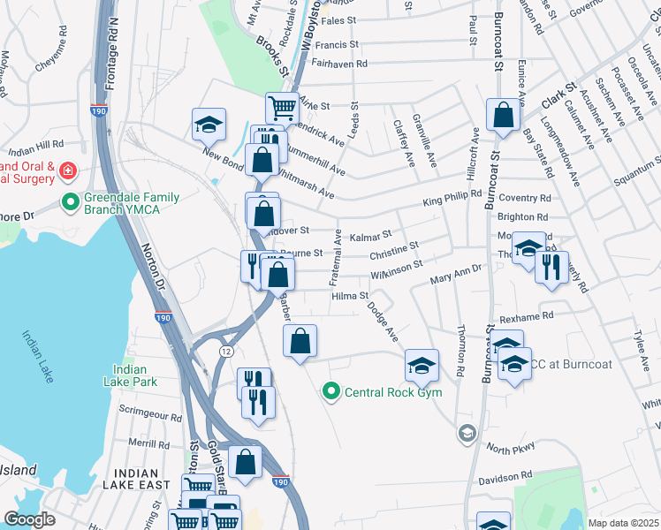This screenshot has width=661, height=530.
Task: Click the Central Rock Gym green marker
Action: (x=331, y=391)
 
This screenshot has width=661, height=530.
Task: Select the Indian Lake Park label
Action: (x=135, y=376)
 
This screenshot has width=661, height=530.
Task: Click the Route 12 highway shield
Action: (x=226, y=352)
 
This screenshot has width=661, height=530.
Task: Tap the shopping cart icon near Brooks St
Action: (x=282, y=107)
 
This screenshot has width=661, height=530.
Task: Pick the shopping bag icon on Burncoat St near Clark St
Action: (x=502, y=115)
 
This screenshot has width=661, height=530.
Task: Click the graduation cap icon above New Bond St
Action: (x=209, y=125)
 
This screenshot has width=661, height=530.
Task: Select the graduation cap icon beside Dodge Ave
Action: (x=422, y=365)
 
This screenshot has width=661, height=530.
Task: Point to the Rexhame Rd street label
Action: (x=525, y=315)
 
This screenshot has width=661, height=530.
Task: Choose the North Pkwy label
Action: (x=510, y=448)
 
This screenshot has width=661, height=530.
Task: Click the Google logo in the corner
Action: (x=29, y=519)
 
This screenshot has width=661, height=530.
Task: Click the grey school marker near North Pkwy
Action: (x=466, y=433)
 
